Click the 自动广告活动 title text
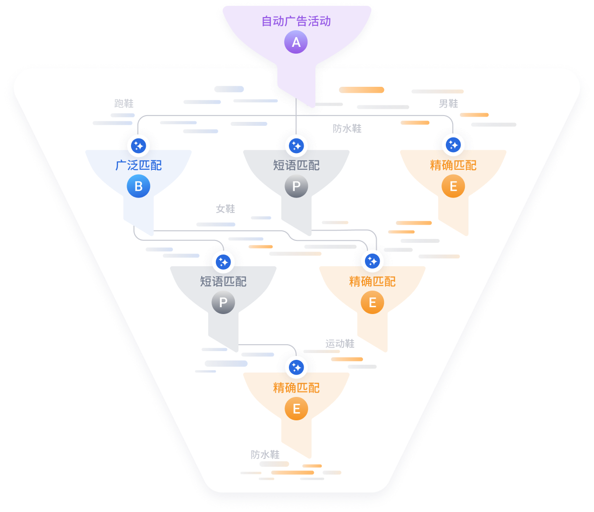coord(296,21)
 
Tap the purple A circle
coord(296,42)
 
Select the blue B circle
coord(138,186)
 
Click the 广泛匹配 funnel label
coord(138,165)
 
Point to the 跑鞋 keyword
coord(124,104)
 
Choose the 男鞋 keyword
coord(448,104)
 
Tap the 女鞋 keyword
coord(226,209)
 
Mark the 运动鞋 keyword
coord(340,344)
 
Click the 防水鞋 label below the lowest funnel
coord(265,455)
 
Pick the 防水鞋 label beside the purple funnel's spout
coord(347,129)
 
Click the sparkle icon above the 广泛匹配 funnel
coord(138,145)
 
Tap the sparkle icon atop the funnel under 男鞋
coord(453,145)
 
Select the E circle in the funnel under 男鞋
coord(453,186)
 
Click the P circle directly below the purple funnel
coord(296,186)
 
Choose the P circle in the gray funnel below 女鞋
coord(223,302)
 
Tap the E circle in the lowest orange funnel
coord(296,409)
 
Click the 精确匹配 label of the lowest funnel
coord(296,388)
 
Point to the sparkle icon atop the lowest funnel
coord(296,367)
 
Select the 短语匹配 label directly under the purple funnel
coord(296,165)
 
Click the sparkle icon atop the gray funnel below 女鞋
coord(223,262)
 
